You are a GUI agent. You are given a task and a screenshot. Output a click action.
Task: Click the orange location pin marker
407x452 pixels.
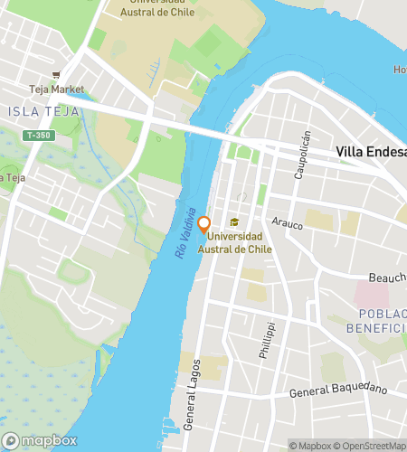tap(204, 224)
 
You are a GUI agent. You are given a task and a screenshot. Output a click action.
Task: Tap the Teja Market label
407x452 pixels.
tap(55, 89)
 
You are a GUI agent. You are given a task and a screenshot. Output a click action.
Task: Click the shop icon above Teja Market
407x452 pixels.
tap(57, 74)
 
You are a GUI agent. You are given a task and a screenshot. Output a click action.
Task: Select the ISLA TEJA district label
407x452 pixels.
tap(40, 111)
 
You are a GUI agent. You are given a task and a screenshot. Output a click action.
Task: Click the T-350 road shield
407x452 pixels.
tap(38, 135)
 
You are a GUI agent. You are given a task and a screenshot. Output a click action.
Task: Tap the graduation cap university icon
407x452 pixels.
tap(234, 223)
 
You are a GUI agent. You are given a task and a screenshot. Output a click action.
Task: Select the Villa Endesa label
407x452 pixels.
tap(370, 152)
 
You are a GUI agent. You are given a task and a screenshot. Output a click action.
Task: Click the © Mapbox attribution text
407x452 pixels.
tap(308, 445)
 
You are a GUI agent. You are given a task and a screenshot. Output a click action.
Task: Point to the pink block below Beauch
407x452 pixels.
tap(370, 294)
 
